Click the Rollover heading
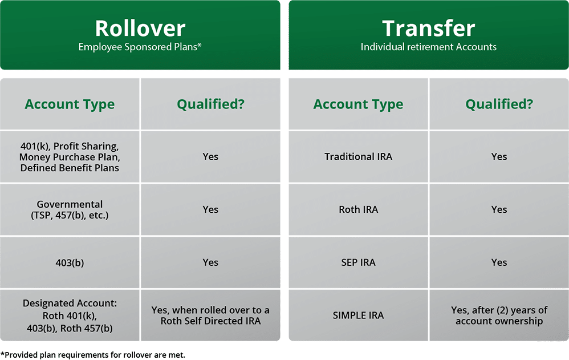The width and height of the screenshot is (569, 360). (140, 29)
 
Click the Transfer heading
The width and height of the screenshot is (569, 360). (428, 29)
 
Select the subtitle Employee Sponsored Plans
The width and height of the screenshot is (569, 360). (140, 47)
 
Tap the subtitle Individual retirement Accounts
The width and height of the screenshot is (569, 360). (428, 47)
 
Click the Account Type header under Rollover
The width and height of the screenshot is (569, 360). (70, 105)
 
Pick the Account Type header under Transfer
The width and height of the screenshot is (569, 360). (358, 105)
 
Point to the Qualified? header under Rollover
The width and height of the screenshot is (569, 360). (210, 104)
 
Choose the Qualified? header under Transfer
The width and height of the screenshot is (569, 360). (499, 104)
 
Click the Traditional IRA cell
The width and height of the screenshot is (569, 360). (358, 157)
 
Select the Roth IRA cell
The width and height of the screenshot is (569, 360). (358, 209)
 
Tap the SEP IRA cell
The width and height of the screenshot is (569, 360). (358, 262)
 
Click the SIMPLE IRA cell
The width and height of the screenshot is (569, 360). (358, 315)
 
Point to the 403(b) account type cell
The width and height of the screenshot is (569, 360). (70, 262)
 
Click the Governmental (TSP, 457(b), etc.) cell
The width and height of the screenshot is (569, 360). (70, 209)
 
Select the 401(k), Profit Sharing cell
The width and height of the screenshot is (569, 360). (70, 157)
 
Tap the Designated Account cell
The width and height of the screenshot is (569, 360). (70, 315)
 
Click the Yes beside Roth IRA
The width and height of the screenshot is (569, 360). (499, 209)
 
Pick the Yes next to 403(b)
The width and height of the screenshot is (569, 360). (210, 262)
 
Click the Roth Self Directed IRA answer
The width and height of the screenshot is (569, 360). (210, 315)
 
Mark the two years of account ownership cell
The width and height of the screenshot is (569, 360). (499, 315)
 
